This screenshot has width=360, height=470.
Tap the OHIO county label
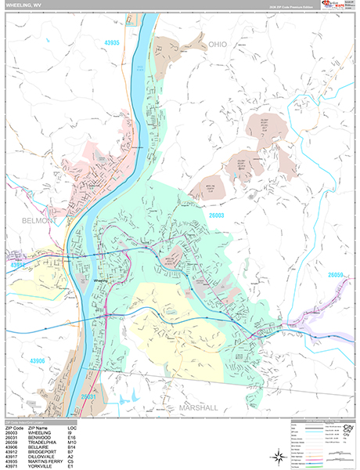[217, 45]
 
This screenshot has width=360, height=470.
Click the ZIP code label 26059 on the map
[337, 275]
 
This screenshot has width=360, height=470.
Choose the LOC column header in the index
[72, 427]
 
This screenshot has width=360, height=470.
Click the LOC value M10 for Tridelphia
[72, 441]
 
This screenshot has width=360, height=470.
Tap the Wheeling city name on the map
[100, 280]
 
